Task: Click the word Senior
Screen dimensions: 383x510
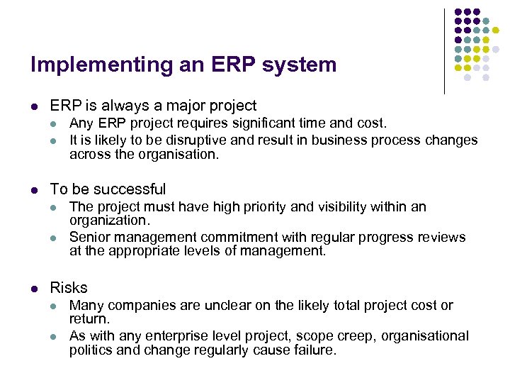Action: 89,237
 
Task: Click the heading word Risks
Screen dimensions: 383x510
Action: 69,288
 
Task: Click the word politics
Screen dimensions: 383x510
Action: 91,350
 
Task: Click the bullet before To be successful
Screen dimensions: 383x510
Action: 34,189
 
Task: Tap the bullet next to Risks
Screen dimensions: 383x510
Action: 34,288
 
